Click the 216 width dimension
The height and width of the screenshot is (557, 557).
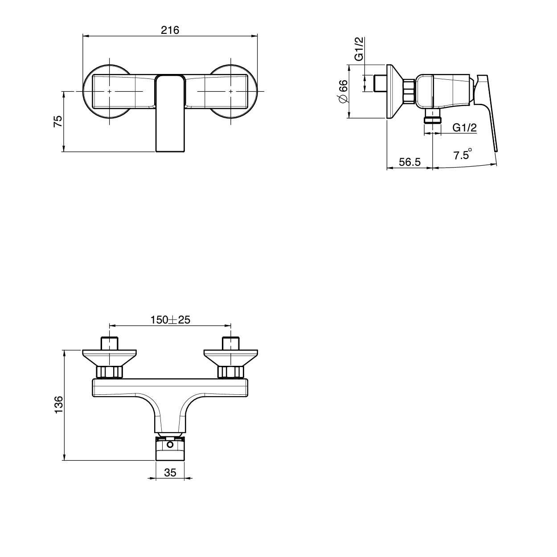[170, 30]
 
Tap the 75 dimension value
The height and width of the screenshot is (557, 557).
[58, 121]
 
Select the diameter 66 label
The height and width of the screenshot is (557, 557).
[343, 91]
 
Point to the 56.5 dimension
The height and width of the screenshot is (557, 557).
[410, 162]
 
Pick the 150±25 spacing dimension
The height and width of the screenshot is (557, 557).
[170, 319]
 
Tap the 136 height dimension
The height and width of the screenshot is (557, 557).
[58, 405]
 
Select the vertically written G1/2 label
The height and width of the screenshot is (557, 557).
[359, 49]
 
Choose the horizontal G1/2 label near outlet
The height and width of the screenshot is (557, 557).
[464, 127]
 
